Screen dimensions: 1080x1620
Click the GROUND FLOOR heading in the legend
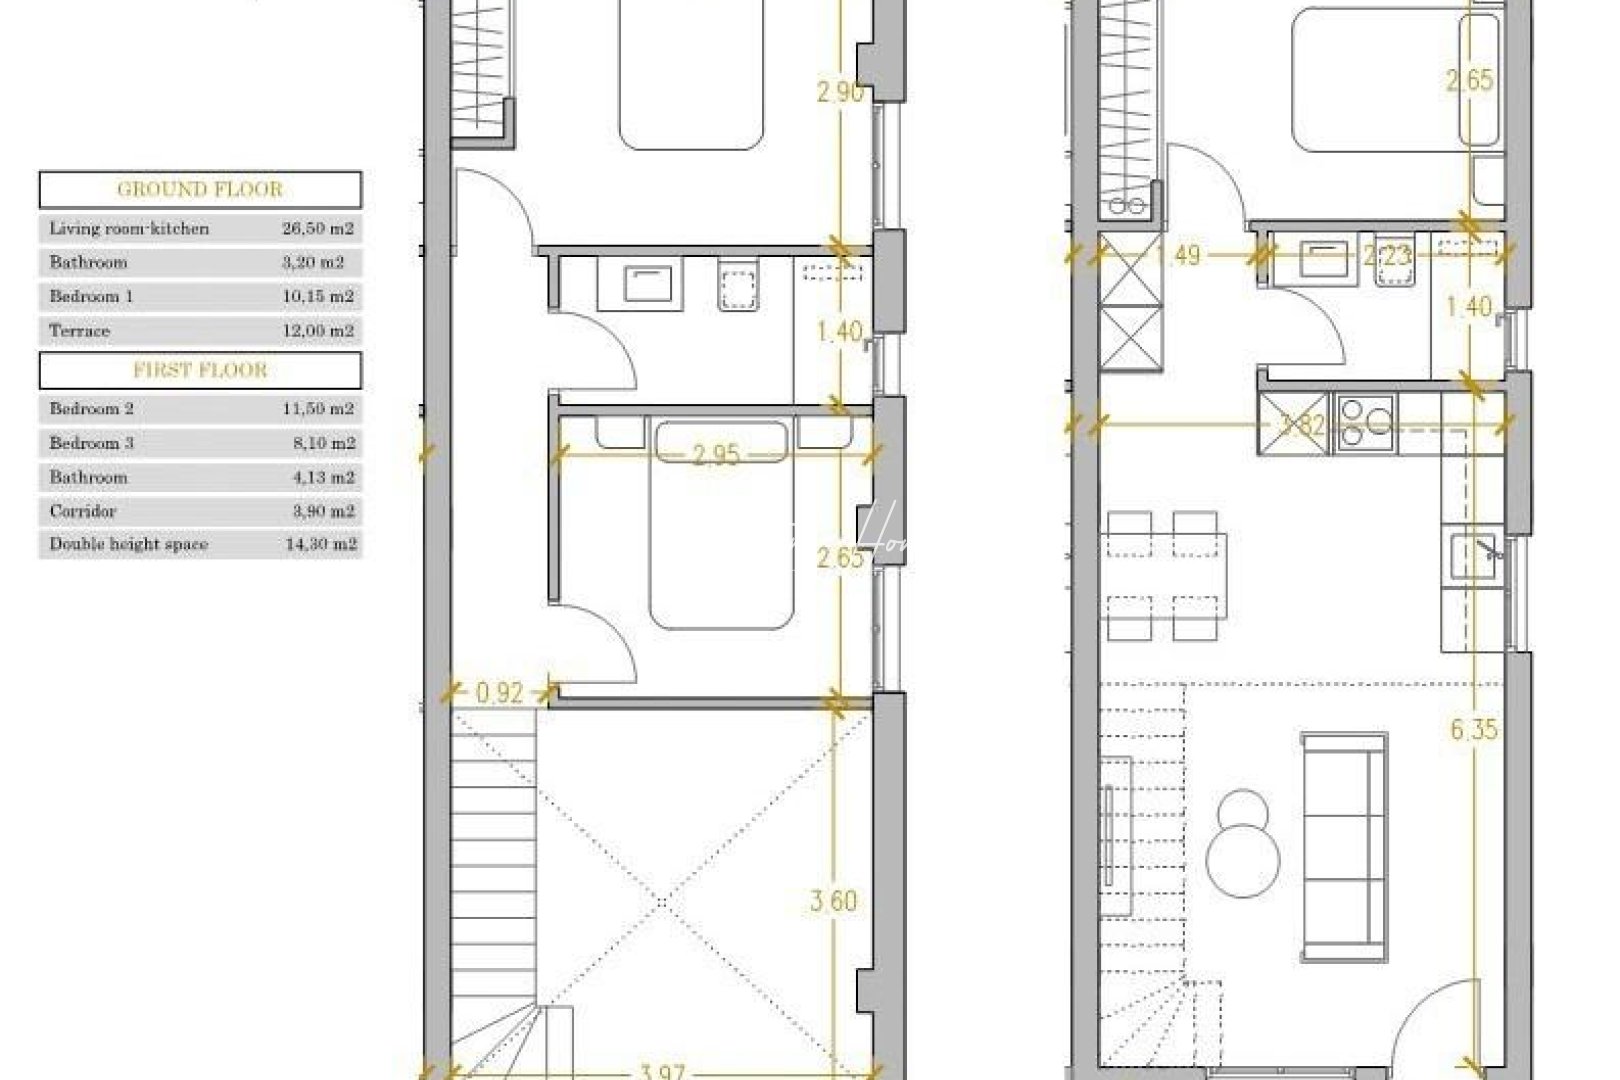[x=200, y=189]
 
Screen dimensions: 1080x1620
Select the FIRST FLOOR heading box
[x=200, y=370]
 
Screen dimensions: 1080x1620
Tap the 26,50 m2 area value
[x=318, y=228]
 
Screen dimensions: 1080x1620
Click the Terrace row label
[x=80, y=330]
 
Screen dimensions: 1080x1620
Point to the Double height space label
[x=129, y=544]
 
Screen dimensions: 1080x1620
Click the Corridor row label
[x=83, y=510]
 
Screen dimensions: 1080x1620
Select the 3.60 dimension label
[x=833, y=901]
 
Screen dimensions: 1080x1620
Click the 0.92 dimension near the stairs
[x=499, y=692]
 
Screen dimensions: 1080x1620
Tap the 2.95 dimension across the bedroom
[x=716, y=455]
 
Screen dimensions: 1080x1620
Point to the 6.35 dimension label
[x=1474, y=729]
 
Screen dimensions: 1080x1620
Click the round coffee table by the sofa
[x=1243, y=845]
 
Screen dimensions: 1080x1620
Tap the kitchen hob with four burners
[x=1365, y=422]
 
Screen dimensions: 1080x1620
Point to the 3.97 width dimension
[x=661, y=1071]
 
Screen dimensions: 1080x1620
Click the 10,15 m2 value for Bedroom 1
[x=318, y=296]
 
